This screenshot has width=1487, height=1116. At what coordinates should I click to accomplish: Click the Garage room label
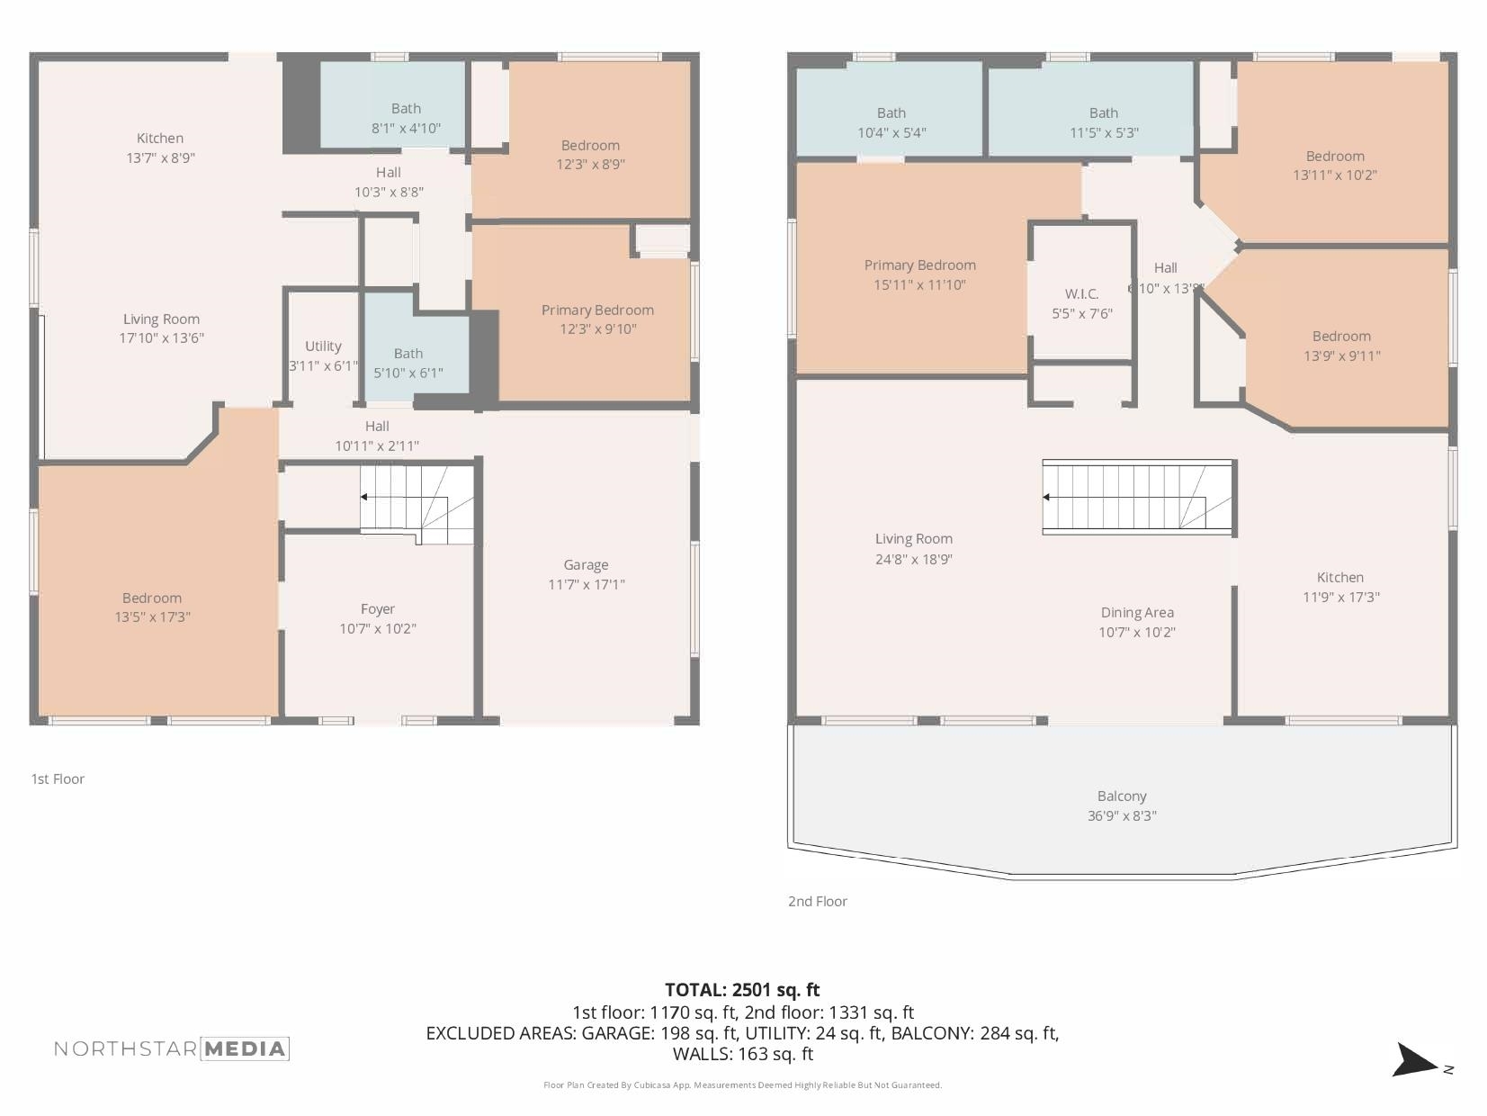[x=586, y=565]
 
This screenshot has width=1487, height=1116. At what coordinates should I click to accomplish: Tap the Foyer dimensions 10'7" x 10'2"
[x=378, y=629]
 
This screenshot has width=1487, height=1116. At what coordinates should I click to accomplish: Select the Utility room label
[x=323, y=346]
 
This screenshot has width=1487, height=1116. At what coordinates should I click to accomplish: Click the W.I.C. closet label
[x=1081, y=294]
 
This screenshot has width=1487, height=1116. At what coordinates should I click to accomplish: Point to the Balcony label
[x=1122, y=796]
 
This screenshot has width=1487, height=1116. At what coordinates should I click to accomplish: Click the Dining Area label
[x=1137, y=613]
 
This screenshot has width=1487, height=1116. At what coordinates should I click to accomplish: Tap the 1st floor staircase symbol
[x=417, y=504]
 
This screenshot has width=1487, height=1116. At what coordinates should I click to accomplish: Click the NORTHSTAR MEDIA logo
[x=171, y=1048]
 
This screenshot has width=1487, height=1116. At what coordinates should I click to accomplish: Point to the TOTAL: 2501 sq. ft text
[x=742, y=990]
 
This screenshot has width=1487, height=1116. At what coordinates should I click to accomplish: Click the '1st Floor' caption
[x=58, y=779]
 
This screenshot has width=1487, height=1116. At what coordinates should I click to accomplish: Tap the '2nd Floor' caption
[x=818, y=902]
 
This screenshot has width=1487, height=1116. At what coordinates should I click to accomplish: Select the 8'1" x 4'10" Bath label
[x=406, y=109]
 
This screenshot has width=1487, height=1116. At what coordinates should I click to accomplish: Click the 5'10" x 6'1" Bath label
[x=408, y=354]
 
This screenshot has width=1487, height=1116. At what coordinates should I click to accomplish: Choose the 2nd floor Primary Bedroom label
[x=919, y=265]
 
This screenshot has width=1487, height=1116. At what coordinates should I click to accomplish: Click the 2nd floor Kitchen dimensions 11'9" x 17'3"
[x=1340, y=598]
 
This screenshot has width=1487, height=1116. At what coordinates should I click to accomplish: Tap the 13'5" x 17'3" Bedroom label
[x=152, y=598]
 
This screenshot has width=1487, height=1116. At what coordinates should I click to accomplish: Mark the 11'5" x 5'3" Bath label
[x=1103, y=113]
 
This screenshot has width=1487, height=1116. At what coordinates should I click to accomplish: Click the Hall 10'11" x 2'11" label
[x=377, y=427]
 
